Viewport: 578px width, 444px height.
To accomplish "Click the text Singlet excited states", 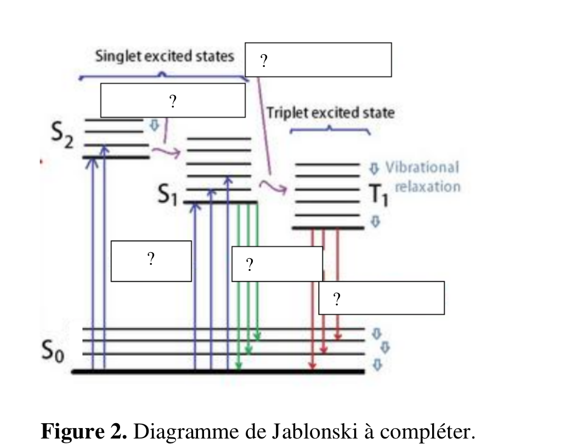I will point(165,56).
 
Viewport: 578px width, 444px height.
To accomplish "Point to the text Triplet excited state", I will point(330,113).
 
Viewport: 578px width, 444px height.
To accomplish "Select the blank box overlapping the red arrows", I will point(381,298).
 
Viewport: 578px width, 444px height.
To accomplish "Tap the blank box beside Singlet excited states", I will point(318,60).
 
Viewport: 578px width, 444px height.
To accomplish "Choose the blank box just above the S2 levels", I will point(172,100).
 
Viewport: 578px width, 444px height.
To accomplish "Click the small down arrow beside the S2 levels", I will point(154,126).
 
